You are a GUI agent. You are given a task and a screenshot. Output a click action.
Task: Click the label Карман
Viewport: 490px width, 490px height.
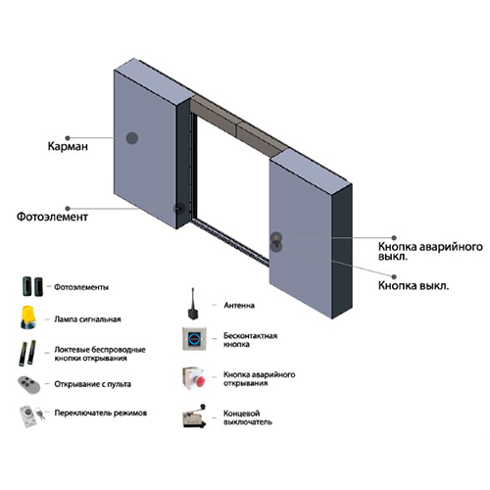pos(68,146)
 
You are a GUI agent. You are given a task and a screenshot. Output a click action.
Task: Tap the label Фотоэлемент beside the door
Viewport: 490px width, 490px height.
pos(52,217)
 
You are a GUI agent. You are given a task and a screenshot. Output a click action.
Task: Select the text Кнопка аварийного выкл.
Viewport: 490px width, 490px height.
pos(430,251)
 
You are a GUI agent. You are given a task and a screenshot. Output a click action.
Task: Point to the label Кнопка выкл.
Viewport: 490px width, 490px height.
pos(414,285)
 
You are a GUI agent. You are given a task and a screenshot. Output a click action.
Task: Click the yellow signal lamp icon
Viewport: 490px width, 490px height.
pos(28,318)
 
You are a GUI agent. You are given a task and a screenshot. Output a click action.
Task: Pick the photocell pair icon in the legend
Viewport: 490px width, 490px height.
pos(32,286)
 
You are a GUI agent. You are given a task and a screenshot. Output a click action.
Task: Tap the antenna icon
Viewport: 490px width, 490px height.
pos(192,304)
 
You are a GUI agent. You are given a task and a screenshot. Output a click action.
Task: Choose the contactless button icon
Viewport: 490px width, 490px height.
pos(194,339)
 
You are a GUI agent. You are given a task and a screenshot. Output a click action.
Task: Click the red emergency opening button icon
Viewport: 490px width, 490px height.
pos(194,378)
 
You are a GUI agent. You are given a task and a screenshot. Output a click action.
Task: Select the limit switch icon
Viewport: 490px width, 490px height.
pos(194,416)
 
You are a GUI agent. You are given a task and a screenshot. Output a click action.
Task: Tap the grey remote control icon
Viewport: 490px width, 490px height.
pos(29,384)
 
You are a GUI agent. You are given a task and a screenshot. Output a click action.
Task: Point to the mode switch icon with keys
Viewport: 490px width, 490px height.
pos(31,416)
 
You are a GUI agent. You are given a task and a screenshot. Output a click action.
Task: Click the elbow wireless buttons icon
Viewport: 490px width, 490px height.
pos(27,353)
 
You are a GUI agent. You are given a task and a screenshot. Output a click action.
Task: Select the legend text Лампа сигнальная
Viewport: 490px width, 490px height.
pos(87,319)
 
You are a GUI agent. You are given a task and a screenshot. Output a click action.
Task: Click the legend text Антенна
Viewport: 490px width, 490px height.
pos(239,306)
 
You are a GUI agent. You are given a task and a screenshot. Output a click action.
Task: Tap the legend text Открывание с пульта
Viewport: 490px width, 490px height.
pos(93,384)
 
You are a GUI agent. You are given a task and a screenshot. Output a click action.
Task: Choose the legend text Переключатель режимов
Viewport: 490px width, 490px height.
pos(101,413)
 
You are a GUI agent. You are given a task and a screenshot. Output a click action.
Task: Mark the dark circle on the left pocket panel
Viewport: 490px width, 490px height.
pos(132,138)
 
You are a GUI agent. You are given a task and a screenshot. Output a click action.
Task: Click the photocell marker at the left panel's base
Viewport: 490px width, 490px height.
pos(178,208)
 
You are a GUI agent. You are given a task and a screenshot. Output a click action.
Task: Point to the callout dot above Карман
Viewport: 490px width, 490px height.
pos(68,138)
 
